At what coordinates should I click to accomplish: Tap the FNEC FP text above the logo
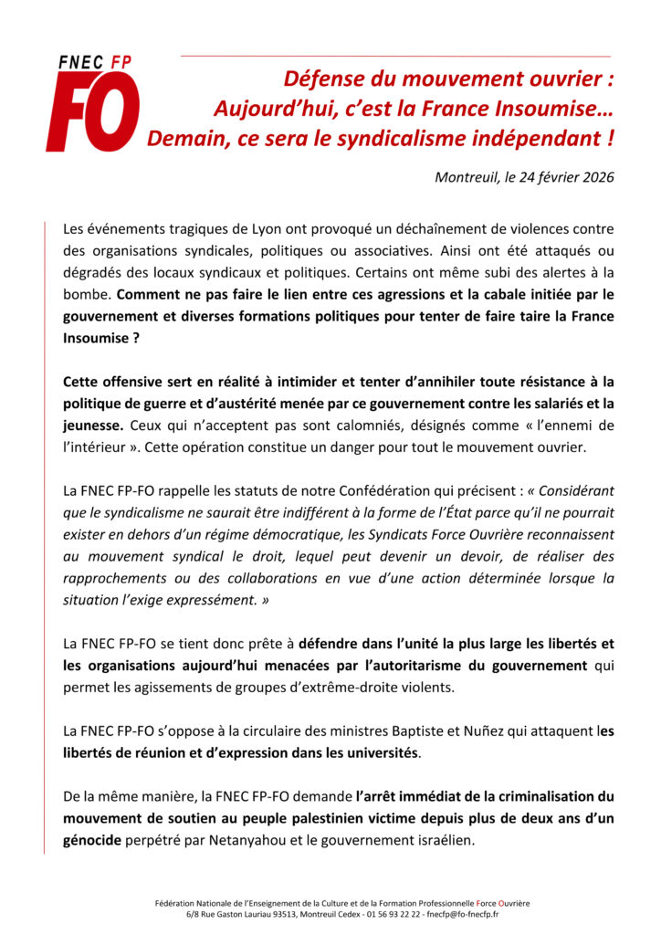94,62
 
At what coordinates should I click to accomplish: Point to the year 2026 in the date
595,177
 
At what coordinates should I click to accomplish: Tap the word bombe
89,294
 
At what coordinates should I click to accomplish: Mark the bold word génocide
92,840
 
